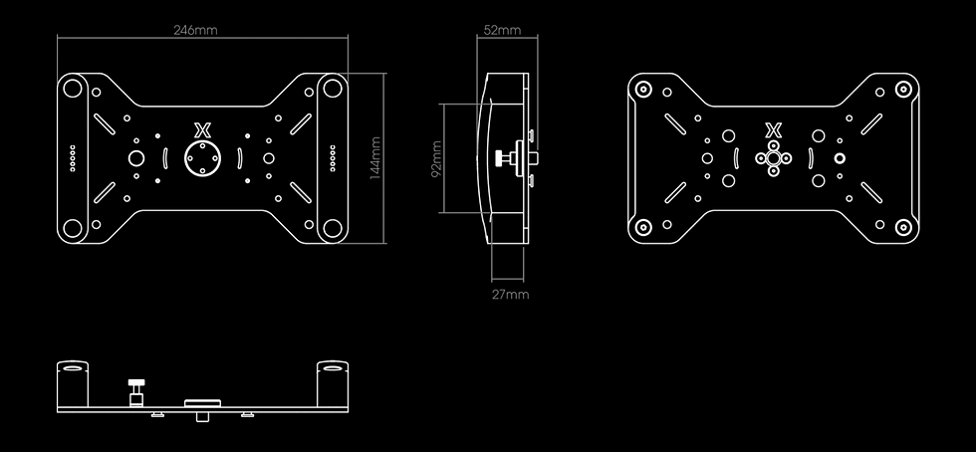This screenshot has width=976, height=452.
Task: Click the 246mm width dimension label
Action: coord(195,30)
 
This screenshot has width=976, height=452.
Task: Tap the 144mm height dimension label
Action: coord(375,158)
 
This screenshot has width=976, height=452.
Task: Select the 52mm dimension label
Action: coord(502,30)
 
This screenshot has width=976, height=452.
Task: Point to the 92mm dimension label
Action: coord(436,158)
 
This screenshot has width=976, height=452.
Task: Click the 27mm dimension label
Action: coord(510,295)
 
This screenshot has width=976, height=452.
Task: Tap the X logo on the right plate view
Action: coord(773,130)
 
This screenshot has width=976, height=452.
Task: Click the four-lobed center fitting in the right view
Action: coord(773,158)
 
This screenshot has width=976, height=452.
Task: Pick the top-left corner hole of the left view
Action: coord(73,89)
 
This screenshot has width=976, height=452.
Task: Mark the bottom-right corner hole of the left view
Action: coord(333,228)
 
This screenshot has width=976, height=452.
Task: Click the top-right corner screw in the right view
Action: coord(903,89)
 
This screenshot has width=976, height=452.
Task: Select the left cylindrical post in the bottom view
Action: coord(73,383)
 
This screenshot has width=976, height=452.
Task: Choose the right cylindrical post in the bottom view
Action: coord(333,383)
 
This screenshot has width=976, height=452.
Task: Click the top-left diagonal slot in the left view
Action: coord(104,123)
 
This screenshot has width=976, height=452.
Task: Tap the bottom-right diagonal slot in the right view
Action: coord(871,192)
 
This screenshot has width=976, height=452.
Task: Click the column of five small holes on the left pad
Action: coord(73,158)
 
